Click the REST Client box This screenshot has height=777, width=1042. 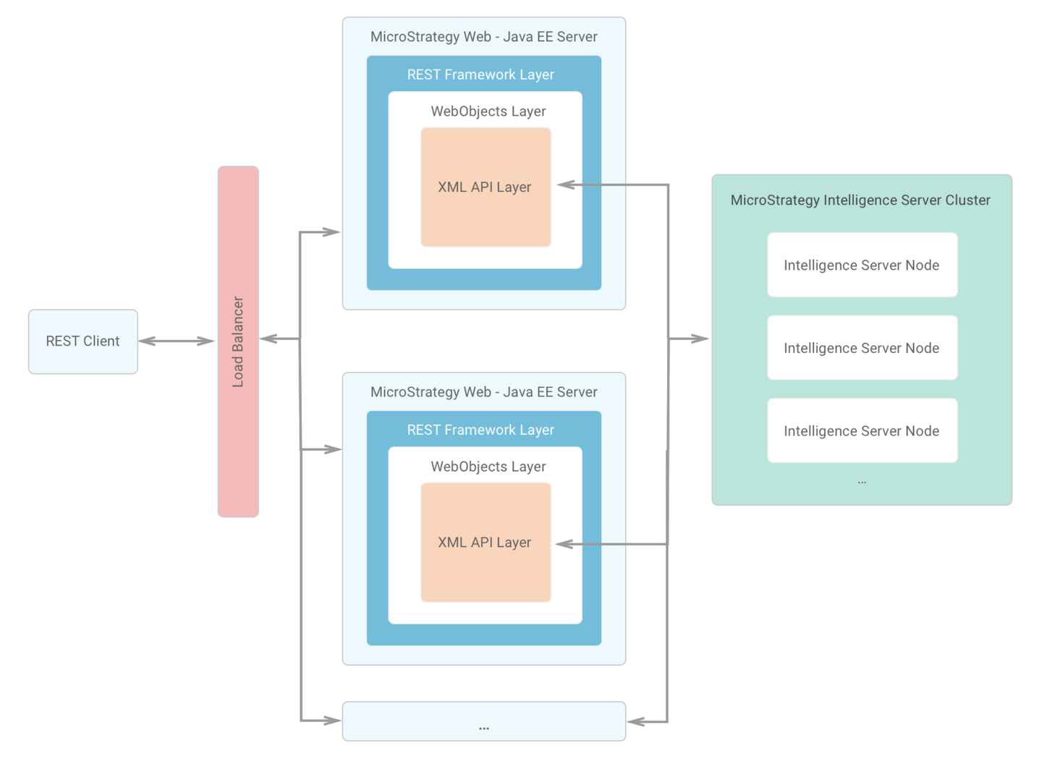click(x=82, y=341)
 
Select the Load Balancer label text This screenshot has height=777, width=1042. click(x=238, y=341)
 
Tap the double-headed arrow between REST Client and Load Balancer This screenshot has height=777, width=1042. click(x=177, y=341)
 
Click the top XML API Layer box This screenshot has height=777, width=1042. click(x=485, y=187)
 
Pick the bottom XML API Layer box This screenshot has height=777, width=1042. click(x=485, y=543)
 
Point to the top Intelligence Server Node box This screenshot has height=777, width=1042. click(x=862, y=265)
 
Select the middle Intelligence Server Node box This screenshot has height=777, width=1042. click(x=862, y=348)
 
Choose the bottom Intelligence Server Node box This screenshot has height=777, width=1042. click(x=862, y=430)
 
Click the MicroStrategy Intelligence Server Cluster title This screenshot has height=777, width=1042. click(x=860, y=200)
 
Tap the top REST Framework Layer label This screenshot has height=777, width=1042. click(x=480, y=75)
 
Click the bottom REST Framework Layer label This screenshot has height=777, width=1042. click(x=480, y=430)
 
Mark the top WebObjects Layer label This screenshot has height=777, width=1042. click(x=488, y=111)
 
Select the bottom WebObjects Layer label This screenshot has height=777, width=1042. click(x=488, y=467)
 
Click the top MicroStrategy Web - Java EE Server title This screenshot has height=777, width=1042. click(x=483, y=37)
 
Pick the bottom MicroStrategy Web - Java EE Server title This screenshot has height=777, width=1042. click(x=483, y=392)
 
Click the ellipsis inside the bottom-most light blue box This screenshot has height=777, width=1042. click(x=483, y=726)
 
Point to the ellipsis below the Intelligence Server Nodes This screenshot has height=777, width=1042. click(x=862, y=481)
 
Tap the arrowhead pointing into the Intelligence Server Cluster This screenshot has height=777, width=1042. click(x=700, y=339)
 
